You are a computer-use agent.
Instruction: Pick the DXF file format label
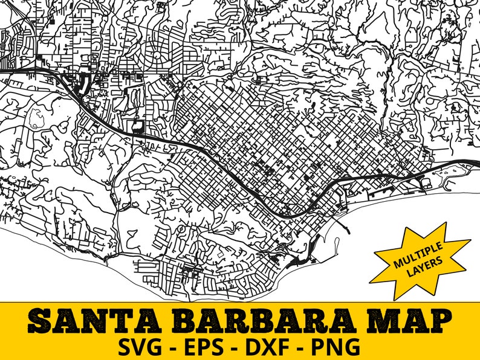point(273,347)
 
